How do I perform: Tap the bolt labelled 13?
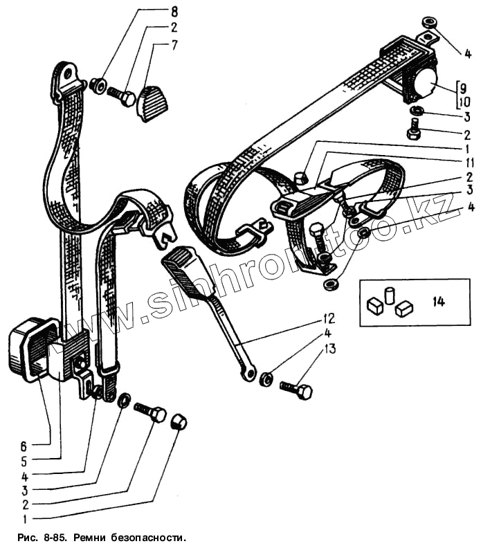(x=296, y=388)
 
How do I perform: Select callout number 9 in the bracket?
(x=464, y=88)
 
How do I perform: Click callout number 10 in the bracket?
(x=464, y=102)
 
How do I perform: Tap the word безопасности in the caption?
(x=146, y=537)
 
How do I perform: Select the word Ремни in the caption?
(x=92, y=537)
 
